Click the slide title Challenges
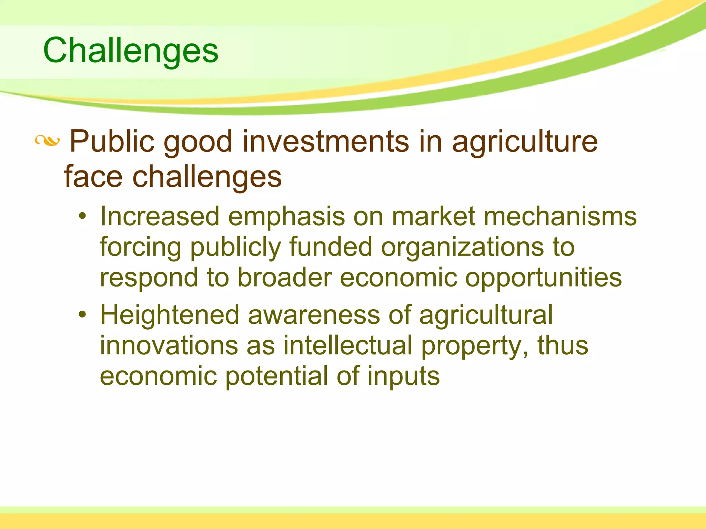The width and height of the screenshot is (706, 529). click(131, 51)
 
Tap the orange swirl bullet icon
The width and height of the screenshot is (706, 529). click(47, 141)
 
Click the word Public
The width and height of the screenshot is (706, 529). click(112, 142)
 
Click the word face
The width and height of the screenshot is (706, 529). click(93, 177)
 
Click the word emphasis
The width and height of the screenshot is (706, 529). click(286, 217)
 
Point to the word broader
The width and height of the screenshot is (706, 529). click(284, 278)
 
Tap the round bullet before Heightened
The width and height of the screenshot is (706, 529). click(82, 315)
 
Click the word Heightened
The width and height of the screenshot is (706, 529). click(170, 315)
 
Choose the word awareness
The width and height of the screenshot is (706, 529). click(314, 315)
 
